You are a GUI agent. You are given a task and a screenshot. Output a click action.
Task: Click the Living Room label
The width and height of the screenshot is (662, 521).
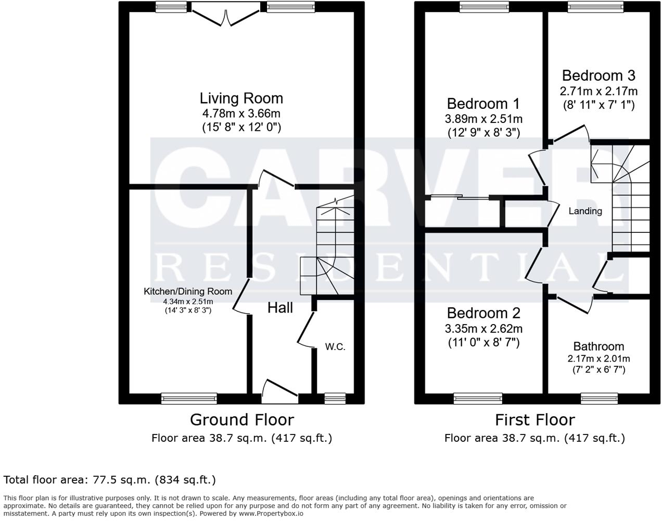(241, 98)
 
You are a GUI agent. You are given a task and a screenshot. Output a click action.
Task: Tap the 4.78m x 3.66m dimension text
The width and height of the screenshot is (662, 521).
(241, 113)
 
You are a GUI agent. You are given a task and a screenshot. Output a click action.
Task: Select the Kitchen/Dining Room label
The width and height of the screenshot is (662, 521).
(188, 291)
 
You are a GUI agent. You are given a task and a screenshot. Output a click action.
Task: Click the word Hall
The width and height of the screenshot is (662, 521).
(280, 308)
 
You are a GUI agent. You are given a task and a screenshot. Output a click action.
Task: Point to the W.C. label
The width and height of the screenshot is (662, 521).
(335, 347)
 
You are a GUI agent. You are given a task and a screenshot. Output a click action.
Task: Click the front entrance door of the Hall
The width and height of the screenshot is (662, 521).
(280, 392)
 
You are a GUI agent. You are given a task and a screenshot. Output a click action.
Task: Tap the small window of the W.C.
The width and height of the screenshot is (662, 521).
(335, 399)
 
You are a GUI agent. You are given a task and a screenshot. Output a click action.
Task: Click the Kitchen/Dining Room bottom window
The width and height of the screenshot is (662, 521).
(189, 399)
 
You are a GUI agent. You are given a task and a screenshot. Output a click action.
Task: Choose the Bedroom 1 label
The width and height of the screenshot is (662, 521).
(483, 103)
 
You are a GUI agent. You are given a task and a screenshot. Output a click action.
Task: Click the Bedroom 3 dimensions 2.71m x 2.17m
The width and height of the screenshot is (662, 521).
(599, 91)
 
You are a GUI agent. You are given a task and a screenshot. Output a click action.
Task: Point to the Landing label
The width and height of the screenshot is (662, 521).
(585, 211)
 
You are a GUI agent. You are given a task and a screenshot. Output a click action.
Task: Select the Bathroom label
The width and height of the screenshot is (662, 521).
(599, 346)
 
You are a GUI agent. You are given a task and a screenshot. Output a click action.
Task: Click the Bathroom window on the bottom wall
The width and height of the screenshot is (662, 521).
(599, 399)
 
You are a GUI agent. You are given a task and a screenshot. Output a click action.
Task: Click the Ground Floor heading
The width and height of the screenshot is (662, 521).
(241, 419)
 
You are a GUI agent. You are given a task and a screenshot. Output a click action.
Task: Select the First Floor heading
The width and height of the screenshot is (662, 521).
(534, 419)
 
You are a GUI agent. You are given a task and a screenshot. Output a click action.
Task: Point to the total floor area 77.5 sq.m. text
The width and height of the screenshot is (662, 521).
(109, 479)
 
